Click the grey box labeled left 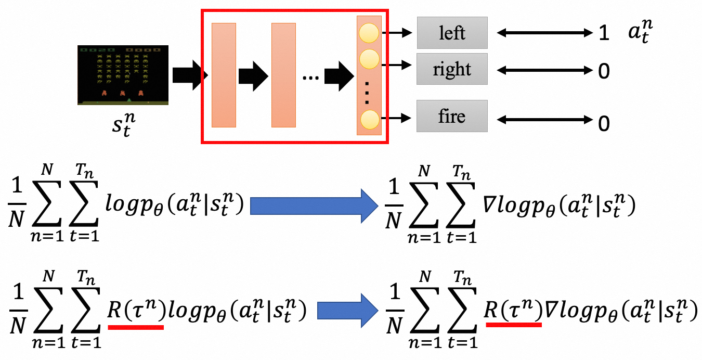coord(452,33)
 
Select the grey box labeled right coord(452,69)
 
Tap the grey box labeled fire coord(452,116)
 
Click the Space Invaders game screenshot coord(123,75)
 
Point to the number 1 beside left coord(603,34)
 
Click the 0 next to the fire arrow coord(603,124)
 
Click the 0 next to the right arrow coord(603,71)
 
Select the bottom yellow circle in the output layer coord(370,120)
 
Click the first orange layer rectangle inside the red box coord(224,75)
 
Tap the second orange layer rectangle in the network coord(283,75)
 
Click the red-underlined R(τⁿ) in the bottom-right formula coord(514,311)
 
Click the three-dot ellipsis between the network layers coord(311,78)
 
